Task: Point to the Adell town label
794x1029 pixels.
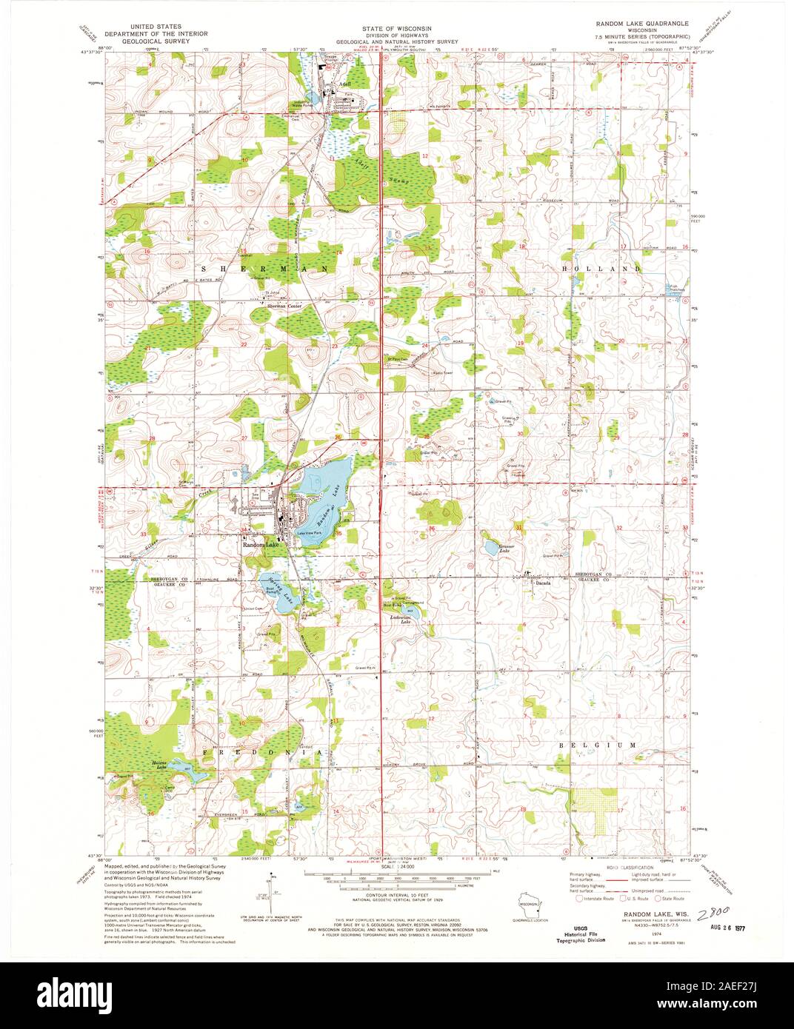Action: (x=344, y=84)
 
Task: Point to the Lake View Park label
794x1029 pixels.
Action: (x=307, y=532)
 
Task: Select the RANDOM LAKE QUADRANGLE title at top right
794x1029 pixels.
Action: (x=642, y=24)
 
